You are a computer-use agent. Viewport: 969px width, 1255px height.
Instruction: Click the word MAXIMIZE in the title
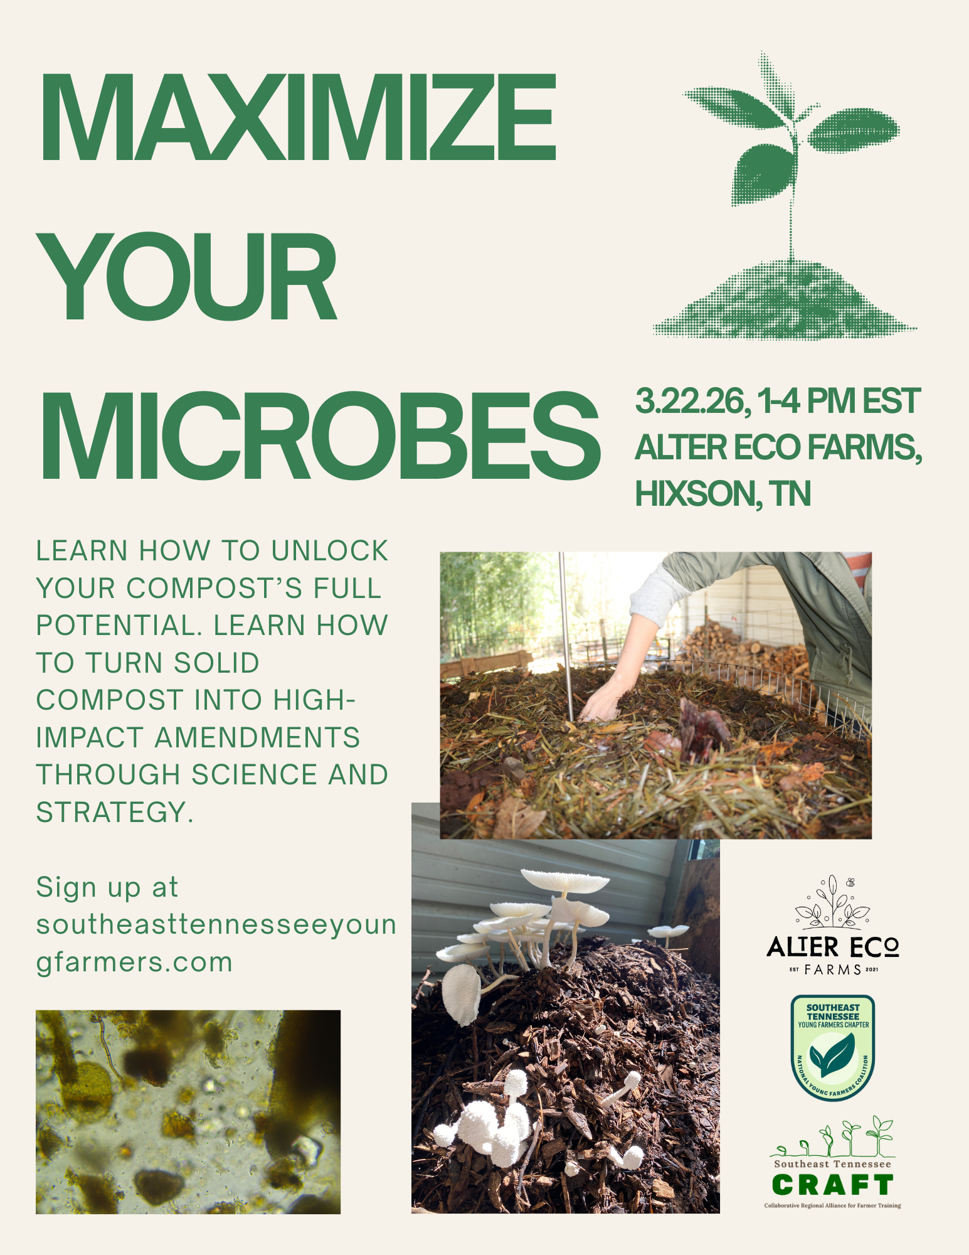[299, 117]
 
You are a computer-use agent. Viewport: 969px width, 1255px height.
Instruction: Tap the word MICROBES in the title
[320, 435]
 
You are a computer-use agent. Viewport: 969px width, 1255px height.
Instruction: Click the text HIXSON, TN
[723, 494]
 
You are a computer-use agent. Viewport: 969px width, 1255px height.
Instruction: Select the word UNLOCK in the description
[330, 551]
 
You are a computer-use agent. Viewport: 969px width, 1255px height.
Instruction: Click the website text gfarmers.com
[134, 962]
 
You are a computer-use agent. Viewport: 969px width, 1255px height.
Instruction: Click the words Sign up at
[107, 887]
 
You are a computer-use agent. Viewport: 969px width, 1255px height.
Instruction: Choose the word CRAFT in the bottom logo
[832, 1185]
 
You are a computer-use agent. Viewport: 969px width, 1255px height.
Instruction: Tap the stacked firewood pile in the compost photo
[740, 646]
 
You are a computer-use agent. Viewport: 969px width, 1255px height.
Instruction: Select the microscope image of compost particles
[188, 1111]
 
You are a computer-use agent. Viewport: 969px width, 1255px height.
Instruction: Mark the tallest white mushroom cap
[564, 880]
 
